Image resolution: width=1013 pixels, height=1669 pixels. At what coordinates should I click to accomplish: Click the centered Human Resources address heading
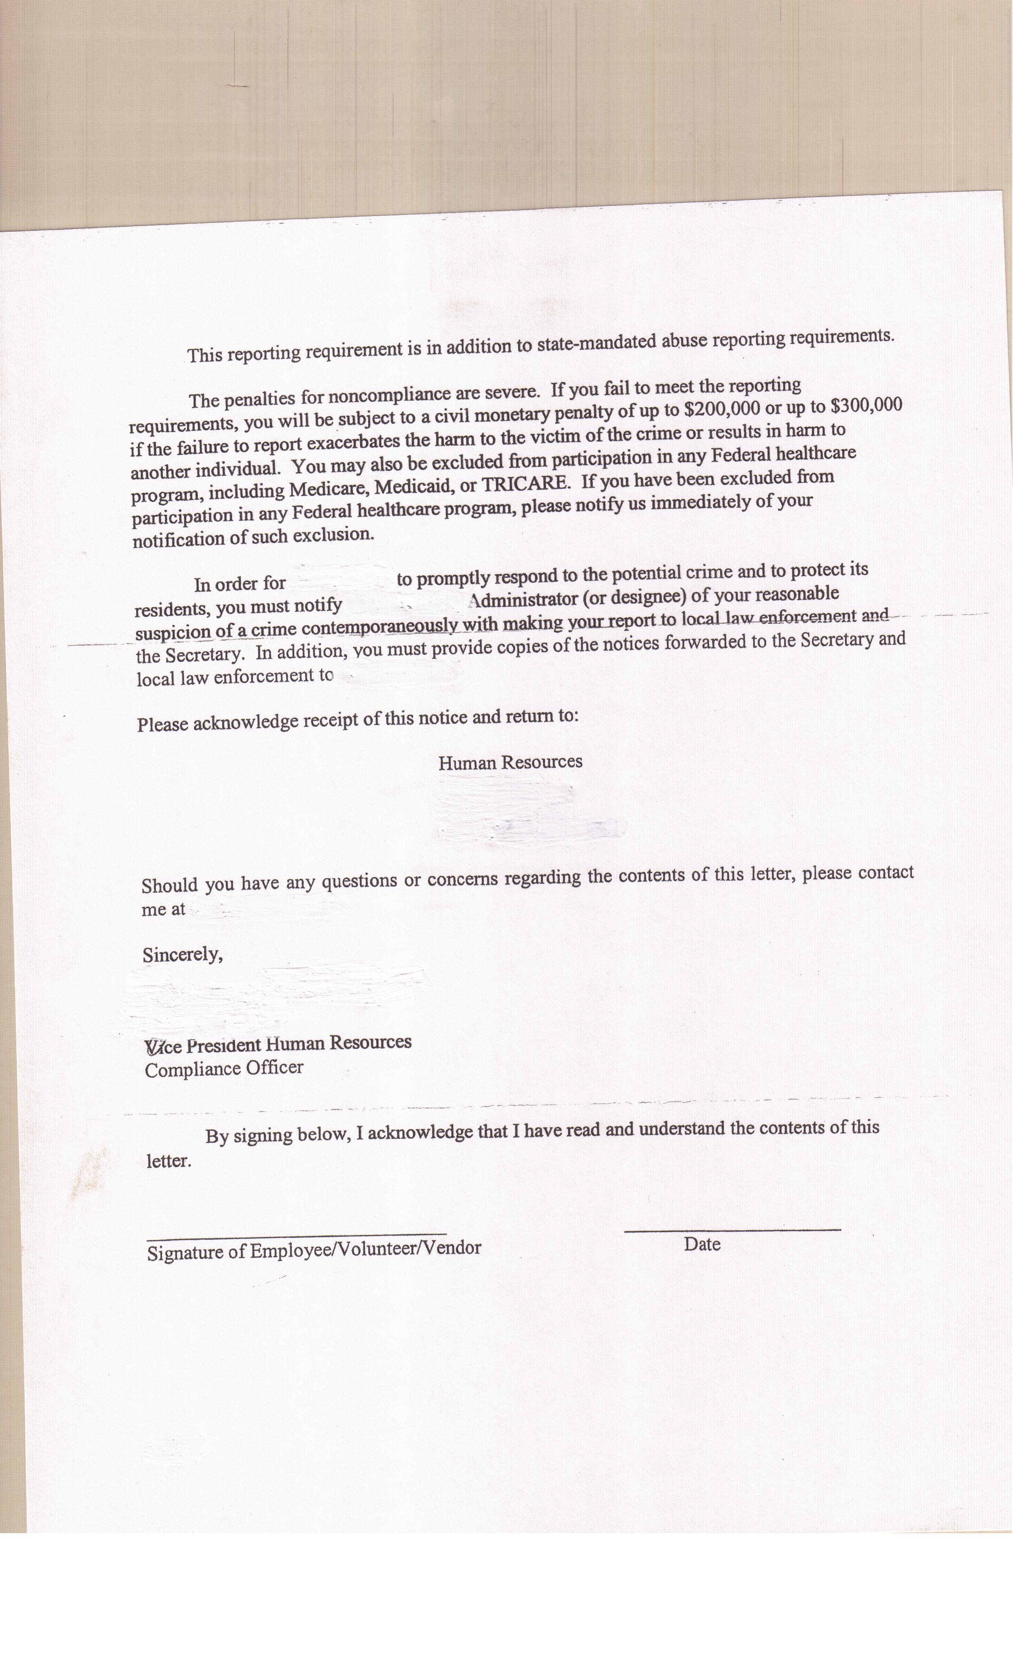510,763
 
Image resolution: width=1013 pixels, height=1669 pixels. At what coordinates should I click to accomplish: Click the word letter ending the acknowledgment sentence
168,1161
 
